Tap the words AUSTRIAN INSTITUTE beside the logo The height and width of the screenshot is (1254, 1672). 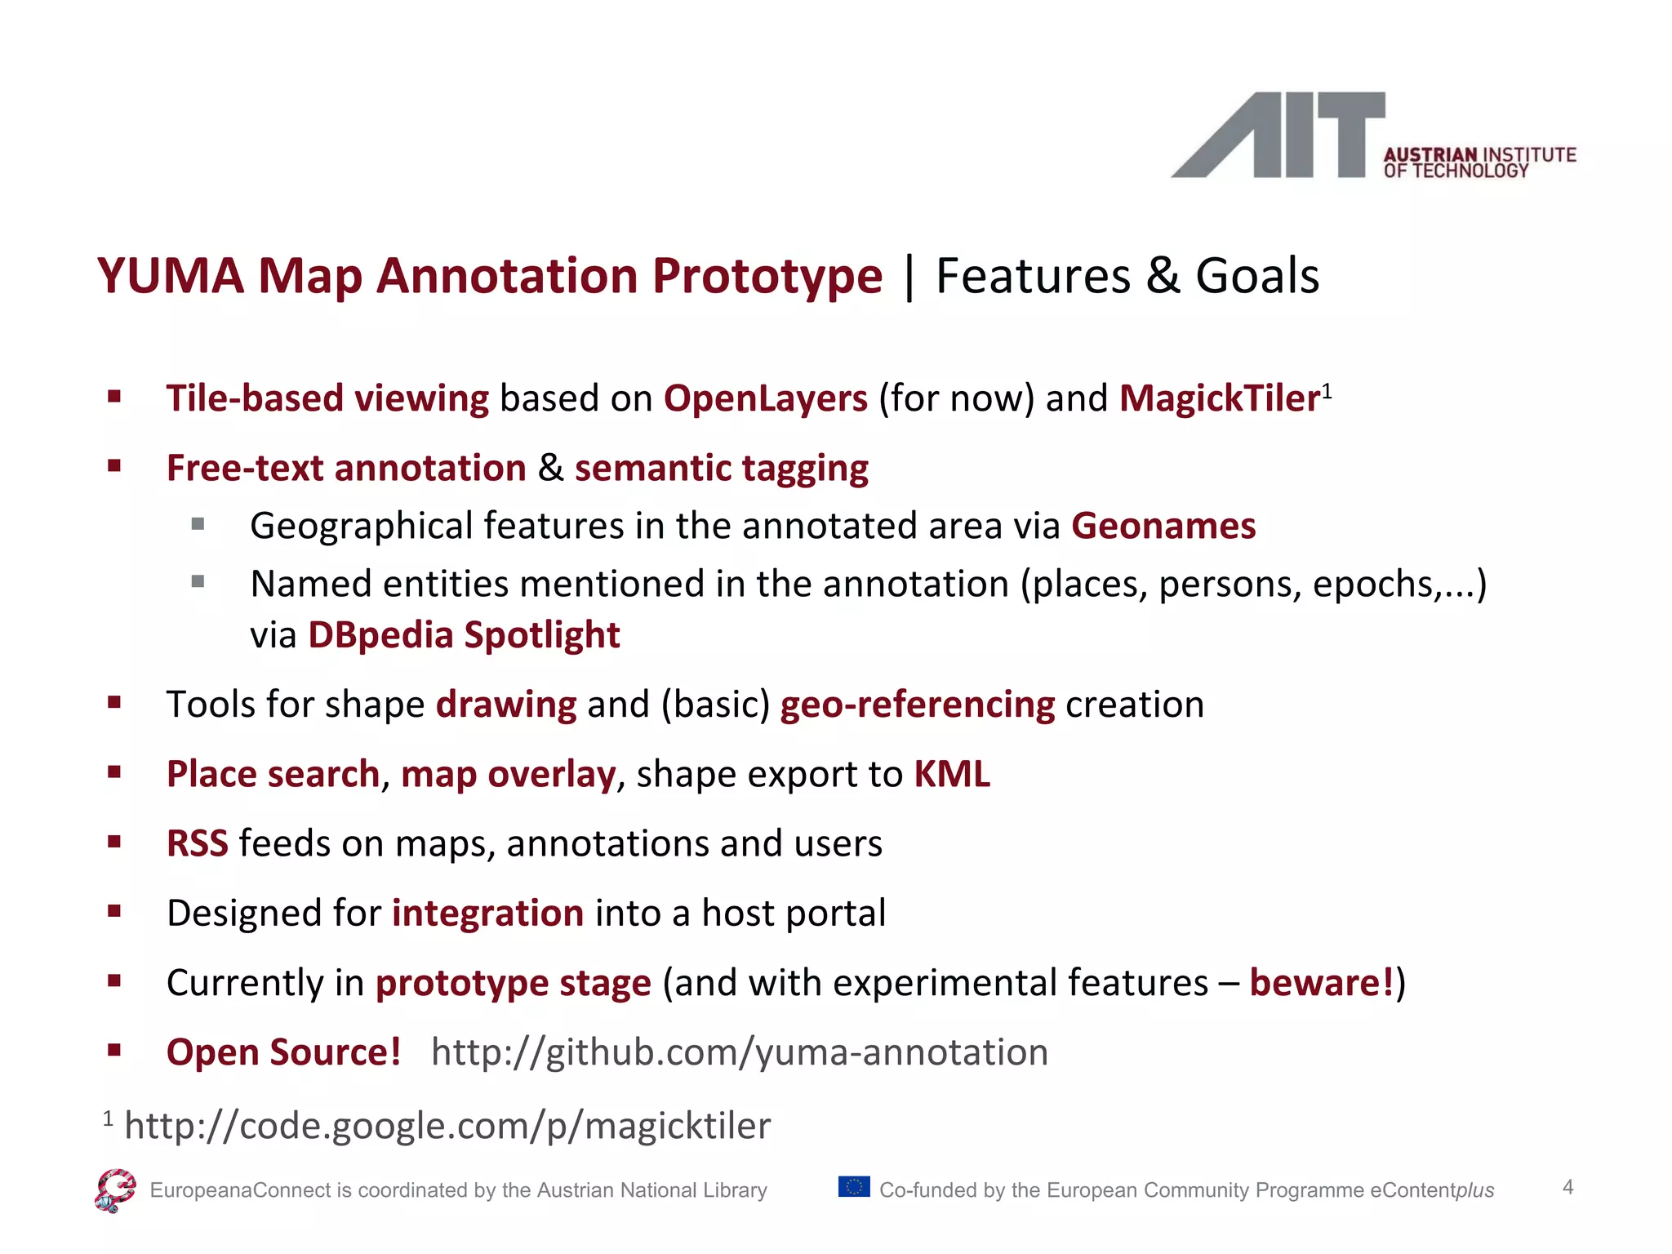[x=1479, y=154]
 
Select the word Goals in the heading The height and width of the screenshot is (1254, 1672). [x=1257, y=276]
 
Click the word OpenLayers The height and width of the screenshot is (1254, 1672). [x=765, y=398]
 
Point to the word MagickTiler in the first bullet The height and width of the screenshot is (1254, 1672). [x=1220, y=398]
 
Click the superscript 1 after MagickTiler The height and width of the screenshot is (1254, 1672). [x=1327, y=390]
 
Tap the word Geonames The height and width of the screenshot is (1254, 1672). [x=1163, y=526]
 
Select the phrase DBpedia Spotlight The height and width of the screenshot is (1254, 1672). [x=464, y=635]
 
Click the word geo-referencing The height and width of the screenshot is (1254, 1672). [x=917, y=705]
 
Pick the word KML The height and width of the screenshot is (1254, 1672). [x=951, y=774]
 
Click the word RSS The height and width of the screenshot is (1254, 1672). [x=197, y=843]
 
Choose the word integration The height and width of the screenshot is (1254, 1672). [x=487, y=913]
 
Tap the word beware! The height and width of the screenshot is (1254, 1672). [x=1321, y=982]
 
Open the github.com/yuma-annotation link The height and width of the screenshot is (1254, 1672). [x=739, y=1052]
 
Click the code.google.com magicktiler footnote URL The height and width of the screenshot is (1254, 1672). [x=447, y=1126]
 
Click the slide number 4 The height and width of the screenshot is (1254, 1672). [x=1567, y=1187]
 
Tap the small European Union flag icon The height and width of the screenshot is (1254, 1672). [x=854, y=1186]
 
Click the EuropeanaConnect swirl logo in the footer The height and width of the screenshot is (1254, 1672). [x=115, y=1190]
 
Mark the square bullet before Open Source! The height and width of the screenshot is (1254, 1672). [x=114, y=1050]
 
